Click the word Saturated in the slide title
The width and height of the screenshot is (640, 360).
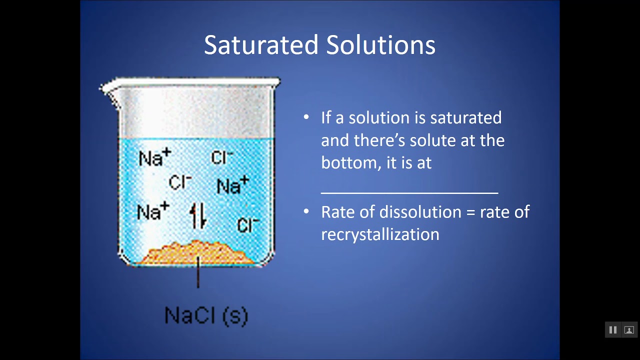pos(260,45)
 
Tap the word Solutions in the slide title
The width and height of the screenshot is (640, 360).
pos(381,45)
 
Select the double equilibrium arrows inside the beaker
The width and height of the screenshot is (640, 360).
pos(198,215)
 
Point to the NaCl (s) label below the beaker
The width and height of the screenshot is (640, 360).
pos(206,315)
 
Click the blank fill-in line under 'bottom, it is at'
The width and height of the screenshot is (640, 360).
pos(409,191)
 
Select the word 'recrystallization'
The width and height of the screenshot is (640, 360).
pos(380,234)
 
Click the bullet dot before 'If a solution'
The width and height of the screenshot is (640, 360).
pos(306,118)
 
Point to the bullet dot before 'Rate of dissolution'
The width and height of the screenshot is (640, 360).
pos(306,212)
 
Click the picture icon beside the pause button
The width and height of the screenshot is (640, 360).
pos(629,330)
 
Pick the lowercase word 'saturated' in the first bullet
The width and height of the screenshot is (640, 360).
pos(465,118)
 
